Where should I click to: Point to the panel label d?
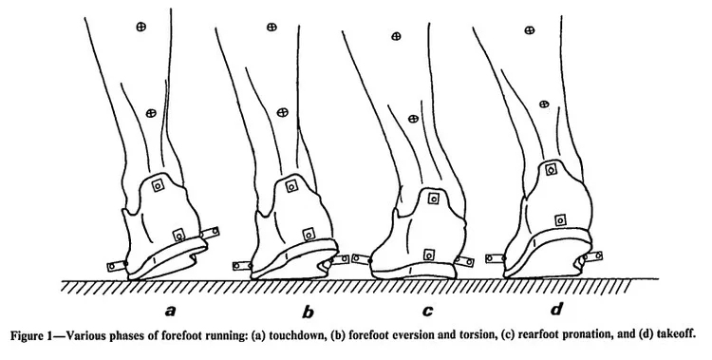click(554, 309)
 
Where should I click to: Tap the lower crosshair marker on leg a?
click(150, 114)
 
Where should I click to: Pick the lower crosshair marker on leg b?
click(281, 112)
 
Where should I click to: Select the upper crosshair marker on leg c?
click(396, 37)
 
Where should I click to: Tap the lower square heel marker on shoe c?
click(428, 254)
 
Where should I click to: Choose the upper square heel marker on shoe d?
click(551, 169)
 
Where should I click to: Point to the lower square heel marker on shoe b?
click(308, 231)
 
